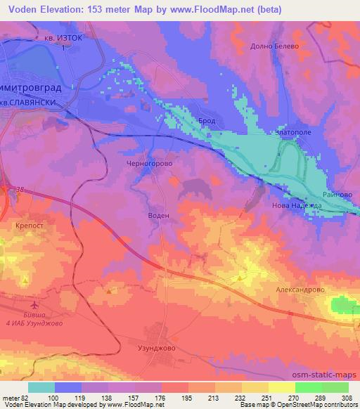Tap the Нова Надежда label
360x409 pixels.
point(297,205)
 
